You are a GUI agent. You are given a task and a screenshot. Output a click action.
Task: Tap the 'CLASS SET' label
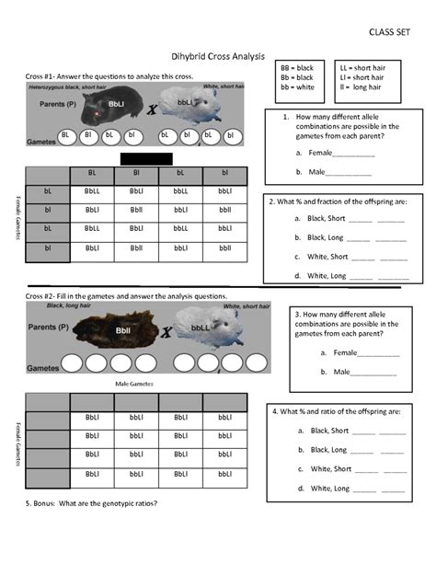pos(389,31)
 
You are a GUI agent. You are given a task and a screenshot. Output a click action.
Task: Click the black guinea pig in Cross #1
pos(109,106)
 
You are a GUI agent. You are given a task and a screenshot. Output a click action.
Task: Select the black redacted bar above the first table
pos(146,158)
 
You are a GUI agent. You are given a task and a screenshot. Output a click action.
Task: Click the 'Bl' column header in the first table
pos(136,172)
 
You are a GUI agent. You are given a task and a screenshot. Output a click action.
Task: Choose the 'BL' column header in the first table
pos(91,172)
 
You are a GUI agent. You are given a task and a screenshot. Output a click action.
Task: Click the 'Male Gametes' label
pos(135,383)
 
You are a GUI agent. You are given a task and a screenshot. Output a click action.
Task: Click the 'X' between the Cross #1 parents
pos(152,109)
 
